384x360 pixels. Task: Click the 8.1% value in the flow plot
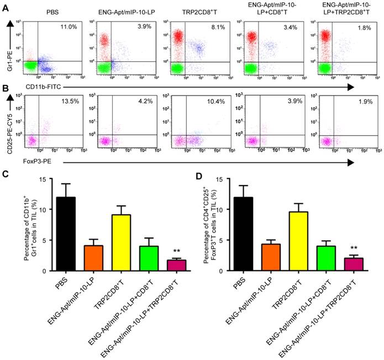218,26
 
